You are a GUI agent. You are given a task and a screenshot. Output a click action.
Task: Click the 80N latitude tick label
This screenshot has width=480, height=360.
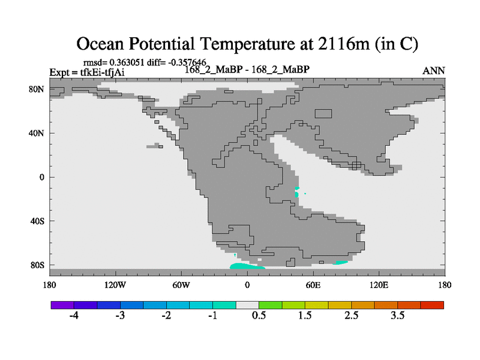37,89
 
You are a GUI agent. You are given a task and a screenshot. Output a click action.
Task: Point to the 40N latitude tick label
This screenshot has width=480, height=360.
37,133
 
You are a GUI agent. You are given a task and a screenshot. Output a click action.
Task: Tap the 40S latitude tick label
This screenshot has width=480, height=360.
37,221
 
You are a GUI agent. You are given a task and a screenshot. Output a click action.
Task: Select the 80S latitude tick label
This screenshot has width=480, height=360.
37,265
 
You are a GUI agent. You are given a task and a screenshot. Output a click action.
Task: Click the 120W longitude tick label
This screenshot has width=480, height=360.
115,285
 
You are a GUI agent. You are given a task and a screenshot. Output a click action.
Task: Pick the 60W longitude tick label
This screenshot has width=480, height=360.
181,285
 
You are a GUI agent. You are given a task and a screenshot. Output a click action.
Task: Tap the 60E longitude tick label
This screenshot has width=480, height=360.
313,285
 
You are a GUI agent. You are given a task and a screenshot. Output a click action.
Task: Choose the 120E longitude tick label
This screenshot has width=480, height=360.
379,285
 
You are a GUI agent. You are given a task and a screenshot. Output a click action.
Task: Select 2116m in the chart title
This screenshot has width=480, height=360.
343,43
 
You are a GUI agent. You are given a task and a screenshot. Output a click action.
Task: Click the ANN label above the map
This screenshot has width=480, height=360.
433,71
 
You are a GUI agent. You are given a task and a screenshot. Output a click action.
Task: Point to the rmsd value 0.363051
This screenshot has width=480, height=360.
127,62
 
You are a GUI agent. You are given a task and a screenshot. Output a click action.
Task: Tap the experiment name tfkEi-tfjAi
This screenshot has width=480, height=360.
102,73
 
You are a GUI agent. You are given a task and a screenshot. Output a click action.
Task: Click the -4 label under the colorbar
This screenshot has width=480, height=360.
74,315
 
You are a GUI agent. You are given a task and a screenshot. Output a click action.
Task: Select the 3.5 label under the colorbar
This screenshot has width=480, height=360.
397,315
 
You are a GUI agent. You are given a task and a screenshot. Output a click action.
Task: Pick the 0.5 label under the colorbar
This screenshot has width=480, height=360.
259,315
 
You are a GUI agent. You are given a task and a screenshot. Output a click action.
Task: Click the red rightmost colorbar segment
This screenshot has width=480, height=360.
432,305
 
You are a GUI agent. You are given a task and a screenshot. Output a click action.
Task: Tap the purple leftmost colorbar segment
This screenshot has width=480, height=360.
62,305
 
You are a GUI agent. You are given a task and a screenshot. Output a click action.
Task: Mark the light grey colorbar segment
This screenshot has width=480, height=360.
247,305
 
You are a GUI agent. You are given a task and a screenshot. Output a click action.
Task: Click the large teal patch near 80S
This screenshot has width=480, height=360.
247,266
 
